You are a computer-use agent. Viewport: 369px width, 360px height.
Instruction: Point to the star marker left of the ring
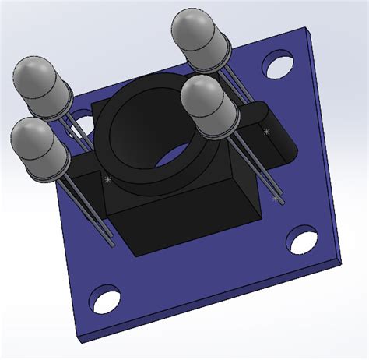pos(107,179)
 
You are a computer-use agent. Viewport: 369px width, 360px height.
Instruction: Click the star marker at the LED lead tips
pos(275,199)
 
